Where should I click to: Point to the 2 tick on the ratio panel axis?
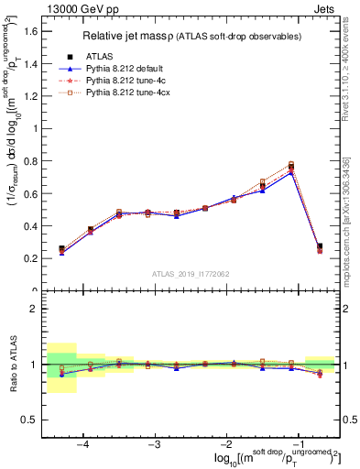[x=33, y=309]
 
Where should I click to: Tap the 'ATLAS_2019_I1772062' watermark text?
[x=191, y=275]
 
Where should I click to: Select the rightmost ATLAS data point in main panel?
[x=319, y=246]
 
